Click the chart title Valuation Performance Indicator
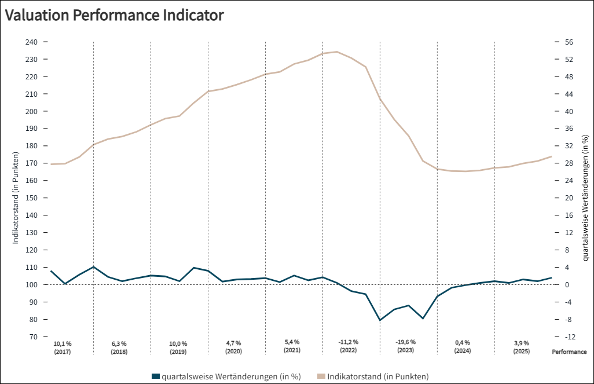[114, 16]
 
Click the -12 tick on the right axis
[570, 337]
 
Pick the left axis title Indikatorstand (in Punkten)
[16, 198]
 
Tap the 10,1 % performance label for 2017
[62, 343]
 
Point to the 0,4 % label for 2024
[463, 343]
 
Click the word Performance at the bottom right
[569, 352]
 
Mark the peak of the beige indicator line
[337, 52]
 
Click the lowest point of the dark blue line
[380, 320]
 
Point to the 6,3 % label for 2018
[119, 343]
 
